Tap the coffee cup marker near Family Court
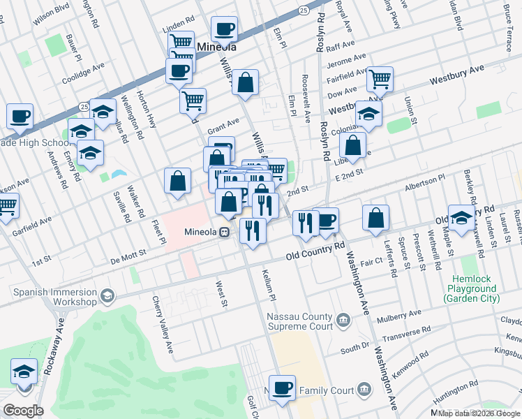[x=282, y=388]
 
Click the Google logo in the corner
[x=23, y=411]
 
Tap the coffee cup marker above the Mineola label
[x=223, y=29]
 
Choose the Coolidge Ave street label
[x=83, y=72]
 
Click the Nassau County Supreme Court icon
[x=343, y=321]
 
